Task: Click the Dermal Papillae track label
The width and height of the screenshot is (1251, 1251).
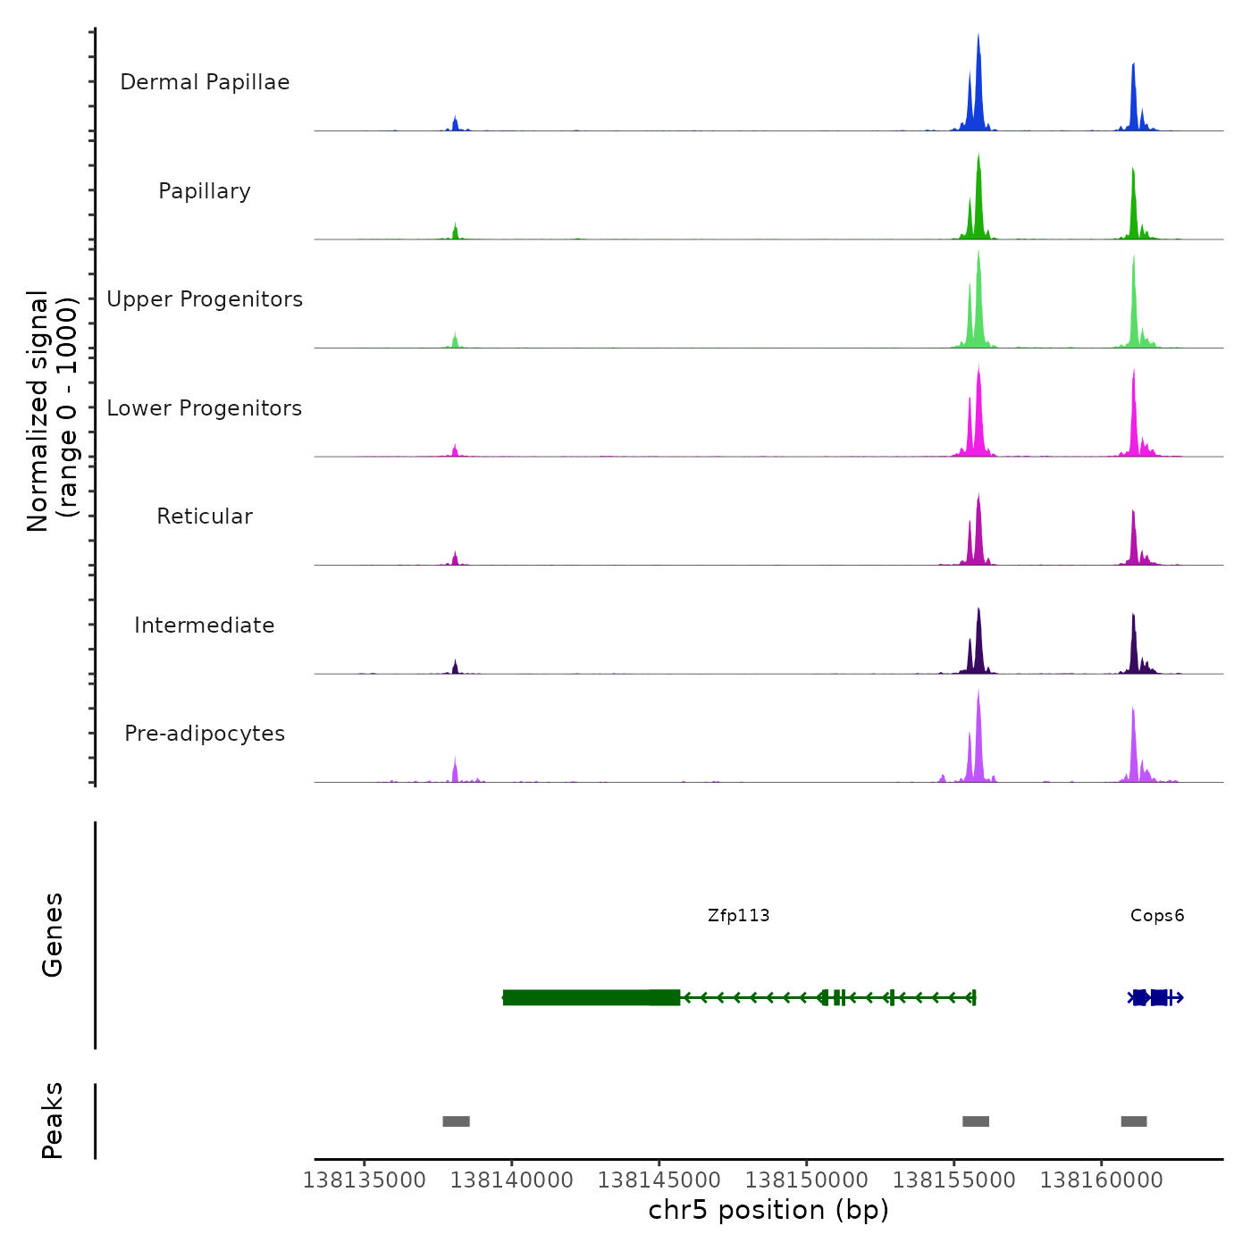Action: point(205,82)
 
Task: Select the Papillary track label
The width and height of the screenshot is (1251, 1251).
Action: point(205,191)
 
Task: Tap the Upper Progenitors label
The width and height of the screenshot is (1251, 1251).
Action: point(205,299)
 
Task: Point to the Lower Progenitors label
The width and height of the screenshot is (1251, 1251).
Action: point(205,408)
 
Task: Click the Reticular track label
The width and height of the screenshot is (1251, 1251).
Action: point(205,516)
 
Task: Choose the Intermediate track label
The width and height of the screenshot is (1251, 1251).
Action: point(205,625)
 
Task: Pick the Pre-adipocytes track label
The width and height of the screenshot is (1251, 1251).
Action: point(205,734)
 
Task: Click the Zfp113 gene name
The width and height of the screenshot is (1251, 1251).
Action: point(738,915)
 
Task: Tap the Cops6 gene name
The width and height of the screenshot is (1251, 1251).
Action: point(1157,915)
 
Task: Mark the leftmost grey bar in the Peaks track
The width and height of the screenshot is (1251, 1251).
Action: point(456,1121)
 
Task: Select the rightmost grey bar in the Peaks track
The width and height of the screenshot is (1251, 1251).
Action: point(1134,1121)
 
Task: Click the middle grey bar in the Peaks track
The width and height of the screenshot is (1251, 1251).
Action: point(976,1121)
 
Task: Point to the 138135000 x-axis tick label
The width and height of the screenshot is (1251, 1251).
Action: point(365,1180)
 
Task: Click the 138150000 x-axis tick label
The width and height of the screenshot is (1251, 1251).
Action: point(807,1180)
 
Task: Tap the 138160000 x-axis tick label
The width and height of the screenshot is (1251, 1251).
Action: point(1102,1180)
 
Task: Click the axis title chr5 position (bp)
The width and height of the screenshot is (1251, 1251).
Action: point(768,1210)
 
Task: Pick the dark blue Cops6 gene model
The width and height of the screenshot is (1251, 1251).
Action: point(1155,997)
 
